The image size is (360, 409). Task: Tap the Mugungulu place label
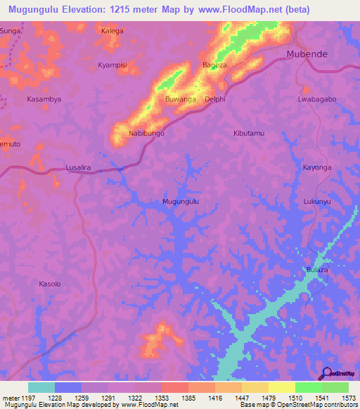pyautogui.click(x=181, y=201)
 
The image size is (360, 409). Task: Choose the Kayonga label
pyautogui.click(x=316, y=168)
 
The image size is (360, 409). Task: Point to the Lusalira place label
pyautogui.click(x=79, y=168)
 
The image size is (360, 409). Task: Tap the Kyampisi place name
pyautogui.click(x=112, y=65)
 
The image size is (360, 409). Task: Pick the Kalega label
pyautogui.click(x=112, y=31)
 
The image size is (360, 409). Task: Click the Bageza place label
pyautogui.click(x=214, y=65)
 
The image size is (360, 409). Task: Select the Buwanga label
pyautogui.click(x=181, y=99)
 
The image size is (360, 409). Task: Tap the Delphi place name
pyautogui.click(x=214, y=99)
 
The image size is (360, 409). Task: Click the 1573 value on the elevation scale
pyautogui.click(x=347, y=398)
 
